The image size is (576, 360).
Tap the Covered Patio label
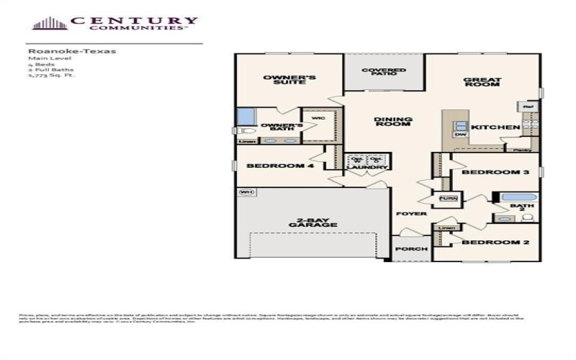click(x=384, y=73)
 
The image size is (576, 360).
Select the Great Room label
click(x=482, y=82)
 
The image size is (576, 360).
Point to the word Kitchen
click(x=495, y=127)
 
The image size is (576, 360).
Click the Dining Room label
click(x=392, y=121)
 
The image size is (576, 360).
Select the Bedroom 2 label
click(x=495, y=243)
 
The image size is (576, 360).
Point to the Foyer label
click(x=412, y=214)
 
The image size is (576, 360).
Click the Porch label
click(x=412, y=249)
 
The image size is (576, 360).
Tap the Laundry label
click(x=367, y=168)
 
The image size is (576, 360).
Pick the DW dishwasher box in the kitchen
click(x=459, y=135)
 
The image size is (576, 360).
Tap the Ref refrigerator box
click(x=526, y=107)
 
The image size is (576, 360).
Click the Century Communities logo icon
click(x=50, y=23)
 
